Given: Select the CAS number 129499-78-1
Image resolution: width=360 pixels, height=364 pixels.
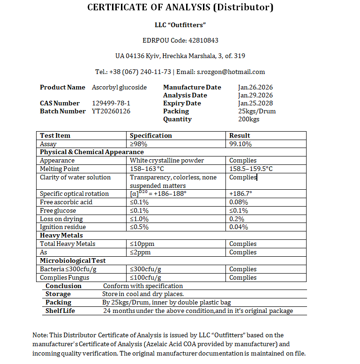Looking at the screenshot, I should click(111, 103).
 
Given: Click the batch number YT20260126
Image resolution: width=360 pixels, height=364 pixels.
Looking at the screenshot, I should click(111, 111).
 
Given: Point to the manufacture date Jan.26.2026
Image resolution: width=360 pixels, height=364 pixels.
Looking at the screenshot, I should click(255, 87).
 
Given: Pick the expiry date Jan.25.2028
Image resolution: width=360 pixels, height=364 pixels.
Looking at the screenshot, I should click(255, 103).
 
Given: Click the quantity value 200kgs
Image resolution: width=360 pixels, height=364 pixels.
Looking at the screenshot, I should click(249, 119).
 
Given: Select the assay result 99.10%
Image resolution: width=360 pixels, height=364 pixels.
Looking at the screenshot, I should click(240, 144).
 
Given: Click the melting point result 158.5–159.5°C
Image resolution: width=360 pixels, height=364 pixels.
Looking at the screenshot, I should click(251, 169).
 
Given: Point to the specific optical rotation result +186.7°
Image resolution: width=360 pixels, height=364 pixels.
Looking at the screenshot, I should click(241, 193).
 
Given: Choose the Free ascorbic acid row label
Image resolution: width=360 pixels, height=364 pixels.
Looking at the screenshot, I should click(66, 202).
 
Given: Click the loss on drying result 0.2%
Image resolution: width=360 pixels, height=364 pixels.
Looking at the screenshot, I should click(237, 219).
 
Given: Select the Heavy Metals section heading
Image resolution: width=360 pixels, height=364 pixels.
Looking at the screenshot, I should click(61, 235).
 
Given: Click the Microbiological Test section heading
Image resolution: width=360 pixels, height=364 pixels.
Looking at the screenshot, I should click(73, 260).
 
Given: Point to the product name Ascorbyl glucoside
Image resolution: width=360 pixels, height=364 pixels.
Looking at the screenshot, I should click(119, 87).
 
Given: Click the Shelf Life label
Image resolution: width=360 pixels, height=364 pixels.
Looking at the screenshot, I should click(60, 311).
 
